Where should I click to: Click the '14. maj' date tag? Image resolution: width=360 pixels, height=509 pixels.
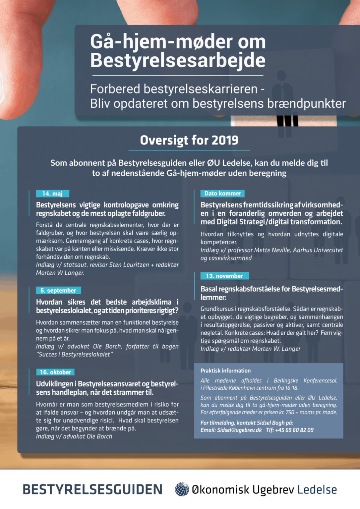click(52, 194)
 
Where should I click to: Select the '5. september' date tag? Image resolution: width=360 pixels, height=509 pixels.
click(58, 291)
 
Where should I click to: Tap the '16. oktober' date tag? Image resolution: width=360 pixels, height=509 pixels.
click(55, 372)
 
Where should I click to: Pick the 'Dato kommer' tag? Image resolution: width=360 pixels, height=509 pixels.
click(222, 194)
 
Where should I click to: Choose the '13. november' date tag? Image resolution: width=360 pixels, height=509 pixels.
click(224, 276)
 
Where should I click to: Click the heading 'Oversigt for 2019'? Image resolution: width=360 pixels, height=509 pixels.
click(189, 140)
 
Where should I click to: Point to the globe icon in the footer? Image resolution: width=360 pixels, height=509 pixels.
click(182, 489)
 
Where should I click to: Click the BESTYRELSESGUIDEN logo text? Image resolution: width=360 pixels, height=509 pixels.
click(92, 489)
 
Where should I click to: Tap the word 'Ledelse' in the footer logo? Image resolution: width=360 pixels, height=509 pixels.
click(317, 489)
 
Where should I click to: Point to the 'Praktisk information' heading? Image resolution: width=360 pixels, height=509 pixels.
click(225, 371)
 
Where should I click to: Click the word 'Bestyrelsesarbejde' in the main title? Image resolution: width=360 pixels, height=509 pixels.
click(178, 60)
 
